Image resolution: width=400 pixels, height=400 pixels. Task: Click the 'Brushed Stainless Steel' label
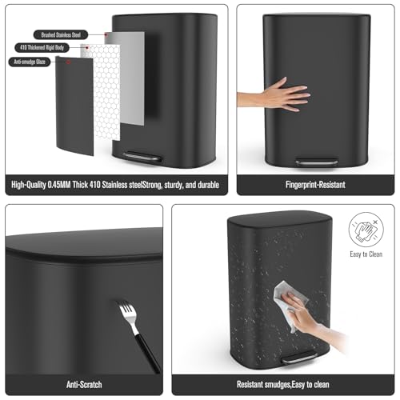click(61, 34)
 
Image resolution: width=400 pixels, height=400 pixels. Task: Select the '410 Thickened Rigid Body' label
click(42, 48)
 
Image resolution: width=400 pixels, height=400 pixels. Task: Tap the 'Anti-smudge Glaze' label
click(30, 62)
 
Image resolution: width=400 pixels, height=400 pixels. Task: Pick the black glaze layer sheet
click(74, 106)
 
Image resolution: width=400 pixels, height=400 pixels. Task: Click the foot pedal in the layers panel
click(142, 157)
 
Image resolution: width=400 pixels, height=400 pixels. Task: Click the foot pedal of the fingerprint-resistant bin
click(316, 162)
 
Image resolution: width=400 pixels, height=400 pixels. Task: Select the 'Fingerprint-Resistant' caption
click(315, 185)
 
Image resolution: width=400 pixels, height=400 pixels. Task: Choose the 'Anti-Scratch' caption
click(84, 385)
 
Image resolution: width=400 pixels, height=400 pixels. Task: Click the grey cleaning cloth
click(290, 302)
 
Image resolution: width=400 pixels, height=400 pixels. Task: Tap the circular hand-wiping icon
click(366, 230)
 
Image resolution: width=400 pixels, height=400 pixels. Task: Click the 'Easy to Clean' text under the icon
click(366, 254)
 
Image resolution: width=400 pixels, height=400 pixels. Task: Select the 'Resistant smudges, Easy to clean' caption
click(283, 385)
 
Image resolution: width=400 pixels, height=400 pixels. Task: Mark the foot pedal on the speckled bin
click(299, 358)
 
